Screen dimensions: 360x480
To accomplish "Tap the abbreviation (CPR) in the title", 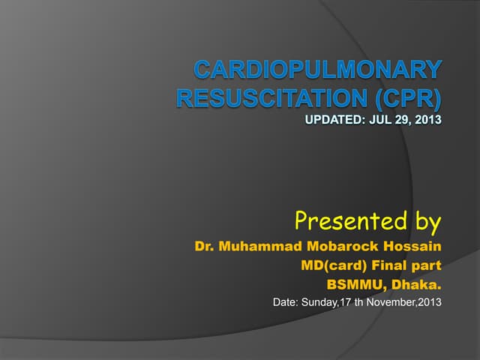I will point(404,98).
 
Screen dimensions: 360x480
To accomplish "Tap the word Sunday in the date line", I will point(325,303).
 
